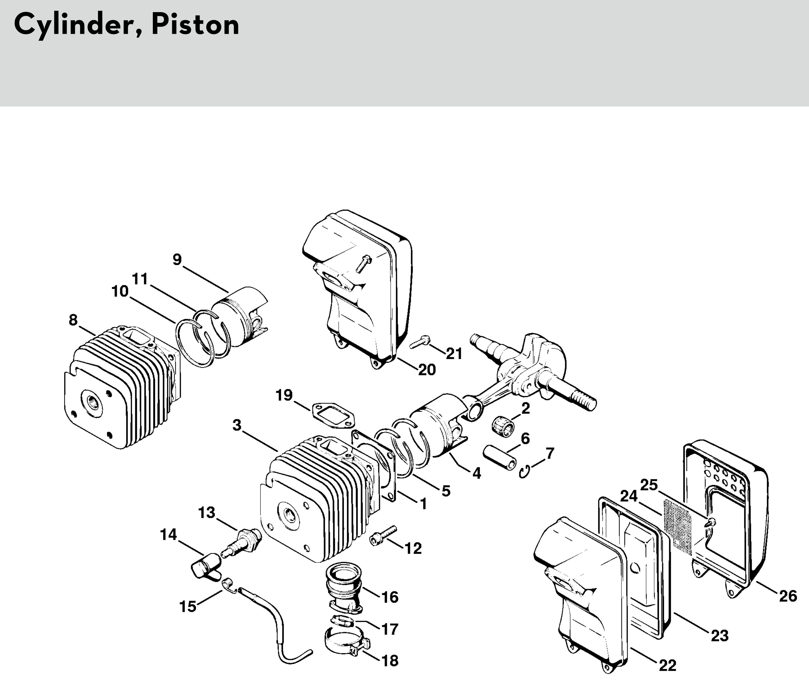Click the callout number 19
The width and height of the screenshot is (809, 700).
(284, 395)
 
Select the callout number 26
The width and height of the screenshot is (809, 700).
(788, 597)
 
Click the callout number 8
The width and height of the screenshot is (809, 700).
(73, 320)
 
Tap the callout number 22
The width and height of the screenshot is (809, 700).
(667, 665)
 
